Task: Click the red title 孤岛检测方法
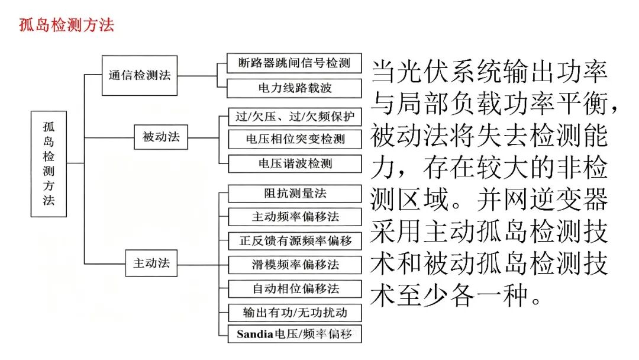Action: (x=66, y=25)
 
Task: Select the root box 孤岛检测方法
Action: (x=49, y=164)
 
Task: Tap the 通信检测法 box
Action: (x=140, y=75)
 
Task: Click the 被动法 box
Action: (x=161, y=137)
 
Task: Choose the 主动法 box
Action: (x=151, y=263)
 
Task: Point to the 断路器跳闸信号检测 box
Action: (x=294, y=63)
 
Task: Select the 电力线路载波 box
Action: (x=294, y=88)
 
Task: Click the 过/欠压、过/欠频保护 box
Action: (x=295, y=117)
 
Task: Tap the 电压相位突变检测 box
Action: (x=295, y=139)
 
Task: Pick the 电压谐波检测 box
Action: (x=295, y=164)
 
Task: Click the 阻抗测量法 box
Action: (x=295, y=193)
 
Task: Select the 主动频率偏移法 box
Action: (x=295, y=217)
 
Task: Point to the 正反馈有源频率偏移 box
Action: (x=295, y=240)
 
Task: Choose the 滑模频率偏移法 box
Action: (x=295, y=265)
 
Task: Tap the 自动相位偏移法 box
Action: (x=295, y=289)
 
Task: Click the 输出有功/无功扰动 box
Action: (x=295, y=312)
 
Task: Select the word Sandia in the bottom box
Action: (x=254, y=335)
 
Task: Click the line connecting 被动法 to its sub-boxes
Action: (x=204, y=137)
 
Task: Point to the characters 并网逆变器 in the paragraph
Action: (x=543, y=200)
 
